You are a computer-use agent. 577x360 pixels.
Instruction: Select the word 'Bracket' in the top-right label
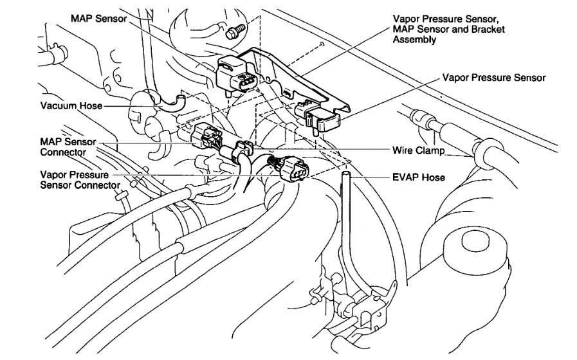[488, 30]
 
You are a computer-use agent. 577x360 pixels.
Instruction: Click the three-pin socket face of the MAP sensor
[246, 84]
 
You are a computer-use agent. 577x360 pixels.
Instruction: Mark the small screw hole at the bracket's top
[320, 44]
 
